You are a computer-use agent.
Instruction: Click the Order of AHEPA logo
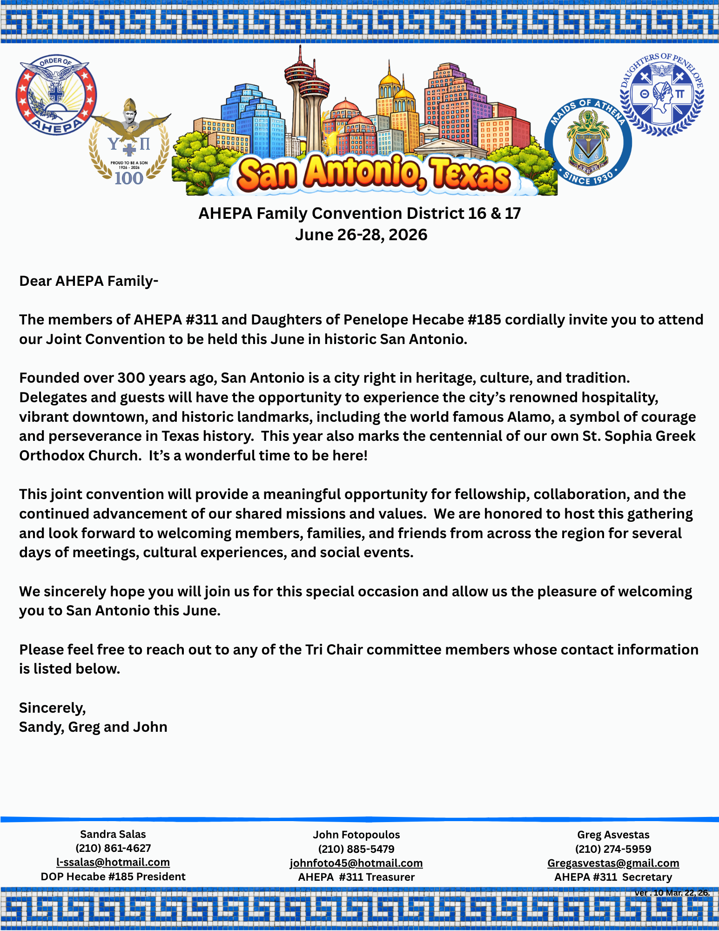(56, 94)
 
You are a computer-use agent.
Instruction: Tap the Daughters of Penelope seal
(662, 94)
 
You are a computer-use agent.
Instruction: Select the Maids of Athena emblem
(588, 142)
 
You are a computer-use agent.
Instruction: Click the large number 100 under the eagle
(129, 178)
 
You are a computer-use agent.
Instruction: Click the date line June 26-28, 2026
(361, 235)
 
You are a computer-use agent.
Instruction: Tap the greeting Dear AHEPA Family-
(89, 281)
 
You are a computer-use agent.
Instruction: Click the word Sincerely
(53, 708)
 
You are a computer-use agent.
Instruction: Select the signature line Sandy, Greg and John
(93, 727)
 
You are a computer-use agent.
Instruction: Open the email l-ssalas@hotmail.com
(113, 862)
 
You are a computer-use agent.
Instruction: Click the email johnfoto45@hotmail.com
(356, 863)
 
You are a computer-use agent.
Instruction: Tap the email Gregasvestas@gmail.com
(613, 863)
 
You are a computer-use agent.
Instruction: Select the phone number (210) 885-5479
(356, 849)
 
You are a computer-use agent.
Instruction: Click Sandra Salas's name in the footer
(113, 834)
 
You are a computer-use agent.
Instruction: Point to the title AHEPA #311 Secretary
(613, 877)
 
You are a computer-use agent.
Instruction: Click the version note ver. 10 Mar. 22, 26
(672, 893)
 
